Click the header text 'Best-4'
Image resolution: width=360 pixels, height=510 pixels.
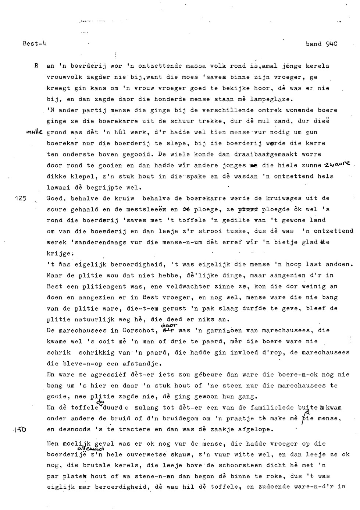click(x=34, y=44)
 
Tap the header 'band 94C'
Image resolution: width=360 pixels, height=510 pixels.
click(x=321, y=44)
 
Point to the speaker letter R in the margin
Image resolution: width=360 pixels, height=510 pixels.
click(x=36, y=66)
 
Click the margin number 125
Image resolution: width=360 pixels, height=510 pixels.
click(x=21, y=198)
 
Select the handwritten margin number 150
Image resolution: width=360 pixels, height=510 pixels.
click(x=20, y=429)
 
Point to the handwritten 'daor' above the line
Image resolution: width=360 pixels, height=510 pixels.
click(x=169, y=325)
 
